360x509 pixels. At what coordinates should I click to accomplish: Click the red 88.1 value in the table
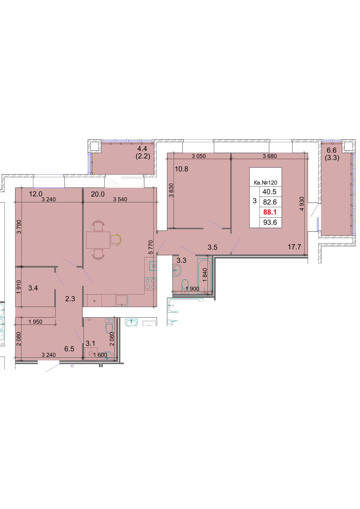click(270, 212)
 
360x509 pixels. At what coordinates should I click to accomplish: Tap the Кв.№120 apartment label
click(265, 183)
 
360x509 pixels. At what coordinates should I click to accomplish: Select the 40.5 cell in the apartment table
click(269, 192)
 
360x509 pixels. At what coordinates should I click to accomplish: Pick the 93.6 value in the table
click(270, 222)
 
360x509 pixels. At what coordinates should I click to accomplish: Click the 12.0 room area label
click(36, 194)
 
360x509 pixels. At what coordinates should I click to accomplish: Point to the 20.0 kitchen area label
click(98, 194)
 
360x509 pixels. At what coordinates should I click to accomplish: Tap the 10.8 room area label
click(182, 169)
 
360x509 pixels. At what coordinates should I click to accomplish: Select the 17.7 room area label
click(294, 247)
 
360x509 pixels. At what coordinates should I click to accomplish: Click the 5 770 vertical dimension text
click(151, 247)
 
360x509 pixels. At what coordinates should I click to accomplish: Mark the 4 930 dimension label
click(302, 204)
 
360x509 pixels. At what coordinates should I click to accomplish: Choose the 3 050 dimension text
click(199, 156)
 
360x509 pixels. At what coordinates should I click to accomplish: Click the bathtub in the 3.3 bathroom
click(205, 276)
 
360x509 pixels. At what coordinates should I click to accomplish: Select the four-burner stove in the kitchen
click(150, 284)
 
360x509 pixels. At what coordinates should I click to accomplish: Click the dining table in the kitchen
click(98, 240)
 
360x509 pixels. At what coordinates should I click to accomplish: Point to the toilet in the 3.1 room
click(109, 326)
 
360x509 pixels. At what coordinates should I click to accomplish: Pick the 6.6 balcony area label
click(331, 150)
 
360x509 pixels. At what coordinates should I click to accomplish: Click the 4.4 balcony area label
click(142, 148)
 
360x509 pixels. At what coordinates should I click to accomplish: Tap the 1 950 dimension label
click(35, 322)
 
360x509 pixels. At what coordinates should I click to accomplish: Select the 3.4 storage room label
click(33, 288)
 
